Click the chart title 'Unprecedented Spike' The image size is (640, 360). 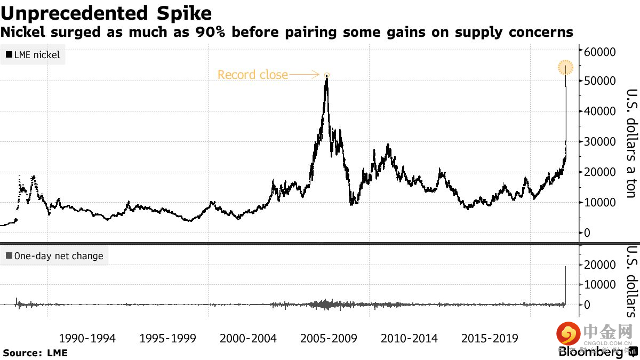[106, 13]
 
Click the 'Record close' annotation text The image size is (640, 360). [252, 75]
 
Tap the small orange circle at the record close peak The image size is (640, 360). [327, 75]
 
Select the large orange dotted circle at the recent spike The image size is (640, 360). [565, 68]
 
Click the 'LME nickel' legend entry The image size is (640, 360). [33, 54]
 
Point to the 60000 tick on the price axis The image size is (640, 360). [601, 52]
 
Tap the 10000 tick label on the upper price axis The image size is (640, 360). [601, 202]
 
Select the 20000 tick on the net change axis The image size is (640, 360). [601, 265]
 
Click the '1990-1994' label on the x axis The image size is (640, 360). [87, 339]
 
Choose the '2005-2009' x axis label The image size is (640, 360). [329, 339]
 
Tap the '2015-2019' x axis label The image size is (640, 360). [490, 339]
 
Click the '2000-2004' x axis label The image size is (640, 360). [248, 339]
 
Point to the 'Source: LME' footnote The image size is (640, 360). [35, 353]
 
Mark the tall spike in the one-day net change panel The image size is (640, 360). [565, 283]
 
